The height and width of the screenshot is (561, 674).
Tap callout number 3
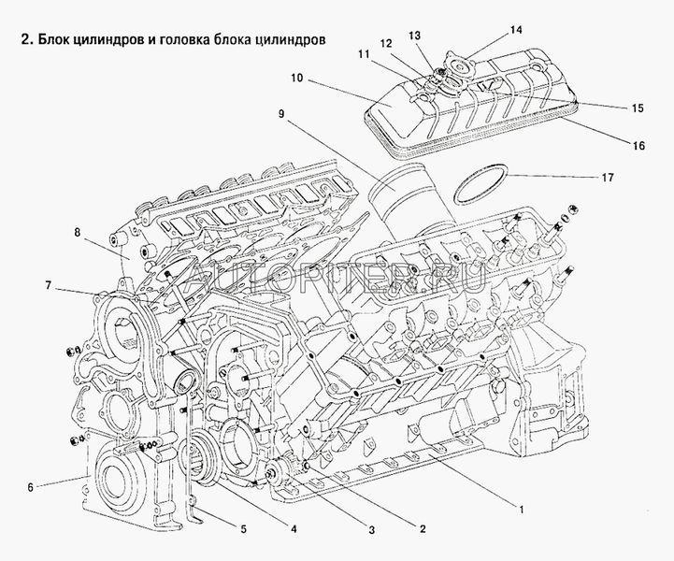click(371, 531)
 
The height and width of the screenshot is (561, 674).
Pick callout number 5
click(243, 529)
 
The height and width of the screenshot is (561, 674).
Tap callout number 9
click(280, 113)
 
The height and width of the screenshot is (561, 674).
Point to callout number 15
click(637, 109)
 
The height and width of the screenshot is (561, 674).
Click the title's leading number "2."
click(14, 41)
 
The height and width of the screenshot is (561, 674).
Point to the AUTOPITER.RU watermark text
click(337, 275)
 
